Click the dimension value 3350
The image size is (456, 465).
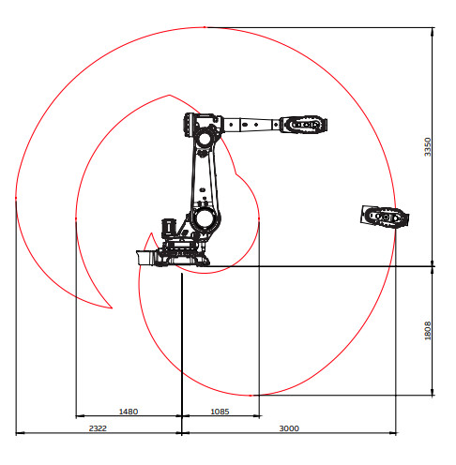tap(427, 147)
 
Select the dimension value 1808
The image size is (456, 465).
tap(427, 330)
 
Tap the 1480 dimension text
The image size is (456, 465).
tap(129, 412)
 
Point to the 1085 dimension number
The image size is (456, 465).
tap(220, 412)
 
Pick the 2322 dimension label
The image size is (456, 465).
tap(98, 428)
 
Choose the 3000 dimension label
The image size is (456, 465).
tap(289, 428)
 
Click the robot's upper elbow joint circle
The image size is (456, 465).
tap(205, 139)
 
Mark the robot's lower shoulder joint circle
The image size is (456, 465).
tap(204, 217)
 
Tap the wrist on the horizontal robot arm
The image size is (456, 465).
tap(303, 125)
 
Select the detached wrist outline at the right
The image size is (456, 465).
tap(385, 217)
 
